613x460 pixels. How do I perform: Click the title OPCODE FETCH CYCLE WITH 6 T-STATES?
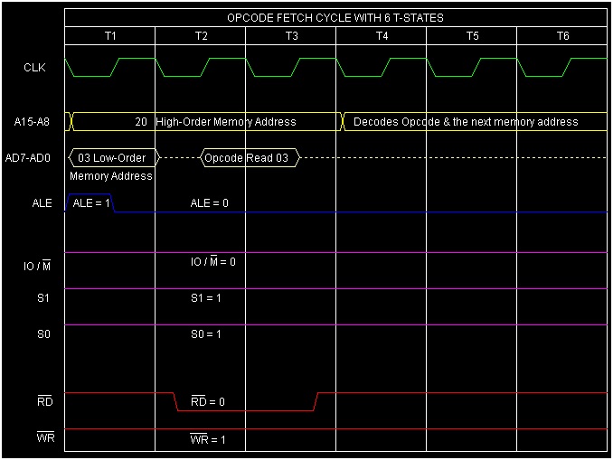coord(335,18)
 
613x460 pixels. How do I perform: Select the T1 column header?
coord(110,36)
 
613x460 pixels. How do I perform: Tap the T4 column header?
coord(382,36)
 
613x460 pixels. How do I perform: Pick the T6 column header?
coord(562,36)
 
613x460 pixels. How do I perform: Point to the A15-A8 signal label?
coord(33,121)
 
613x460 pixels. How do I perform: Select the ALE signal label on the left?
coord(42,203)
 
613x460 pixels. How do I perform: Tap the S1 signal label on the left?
coord(43,298)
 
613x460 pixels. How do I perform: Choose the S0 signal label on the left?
coord(43,334)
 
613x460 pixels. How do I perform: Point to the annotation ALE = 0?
coord(209,203)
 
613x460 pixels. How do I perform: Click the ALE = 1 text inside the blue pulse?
coord(90,203)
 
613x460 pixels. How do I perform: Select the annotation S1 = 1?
coord(206,298)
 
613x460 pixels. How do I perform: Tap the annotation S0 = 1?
coord(206,334)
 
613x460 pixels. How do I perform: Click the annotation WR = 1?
coord(208,440)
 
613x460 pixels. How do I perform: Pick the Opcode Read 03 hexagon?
coord(249,157)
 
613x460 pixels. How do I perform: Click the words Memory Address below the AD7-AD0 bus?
coord(111,176)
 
